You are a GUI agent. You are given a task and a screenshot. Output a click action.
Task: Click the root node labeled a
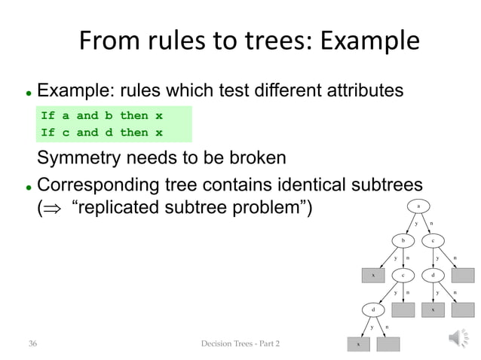[418, 206]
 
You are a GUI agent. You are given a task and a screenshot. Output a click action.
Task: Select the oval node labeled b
[403, 241]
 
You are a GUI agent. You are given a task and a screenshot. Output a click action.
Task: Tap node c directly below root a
[433, 241]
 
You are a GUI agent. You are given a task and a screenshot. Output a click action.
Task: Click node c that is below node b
[403, 276]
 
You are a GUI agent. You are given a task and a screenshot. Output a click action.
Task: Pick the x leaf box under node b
[373, 276]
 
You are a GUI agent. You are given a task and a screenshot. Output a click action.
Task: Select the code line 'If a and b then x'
[102, 116]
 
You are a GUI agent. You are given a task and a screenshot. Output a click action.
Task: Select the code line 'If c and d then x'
[102, 133]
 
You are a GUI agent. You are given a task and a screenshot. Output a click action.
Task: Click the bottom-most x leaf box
[358, 344]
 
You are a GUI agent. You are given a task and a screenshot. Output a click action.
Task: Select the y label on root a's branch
[415, 224]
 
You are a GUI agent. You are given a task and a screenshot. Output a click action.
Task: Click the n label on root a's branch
[431, 224]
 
